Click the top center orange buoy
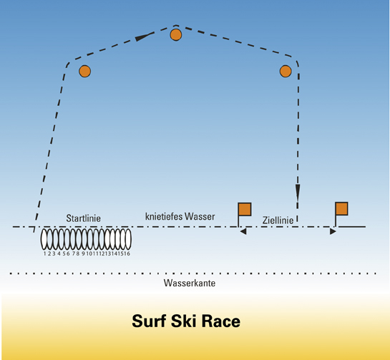[176, 34]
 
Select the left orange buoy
[85, 71]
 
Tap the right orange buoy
[286, 71]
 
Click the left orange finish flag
[245, 209]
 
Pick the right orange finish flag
[341, 209]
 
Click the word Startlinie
[83, 218]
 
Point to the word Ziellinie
[278, 220]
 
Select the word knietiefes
[164, 216]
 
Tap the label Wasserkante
[190, 283]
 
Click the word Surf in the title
[149, 321]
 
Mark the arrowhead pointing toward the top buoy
[145, 37]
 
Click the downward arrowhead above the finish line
[298, 193]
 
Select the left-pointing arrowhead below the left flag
[243, 232]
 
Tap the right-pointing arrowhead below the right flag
[333, 232]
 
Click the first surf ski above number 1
[44, 239]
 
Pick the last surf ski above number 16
[128, 239]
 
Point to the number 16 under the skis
[127, 253]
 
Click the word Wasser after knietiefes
[200, 216]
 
